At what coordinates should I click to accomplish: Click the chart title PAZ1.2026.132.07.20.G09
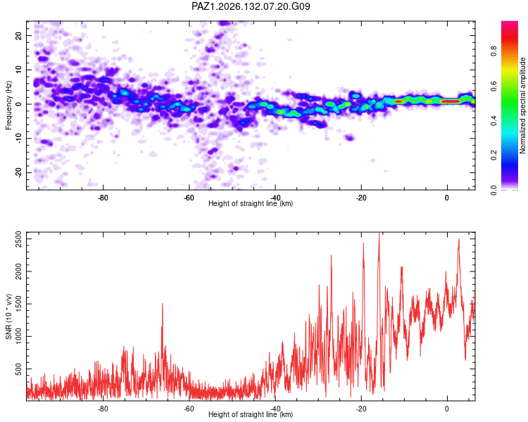point(251,6)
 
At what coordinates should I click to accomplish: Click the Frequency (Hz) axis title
point(8,105)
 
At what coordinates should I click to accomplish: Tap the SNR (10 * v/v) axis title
point(8,316)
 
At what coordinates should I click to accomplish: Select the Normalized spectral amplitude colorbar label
point(522,105)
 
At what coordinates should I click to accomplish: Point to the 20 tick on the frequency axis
point(18,35)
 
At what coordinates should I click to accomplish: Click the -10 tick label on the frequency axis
point(18,138)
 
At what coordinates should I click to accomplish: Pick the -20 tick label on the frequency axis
point(18,172)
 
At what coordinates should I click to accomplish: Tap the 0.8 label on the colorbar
point(494,51)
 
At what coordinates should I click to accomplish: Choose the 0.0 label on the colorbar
point(494,190)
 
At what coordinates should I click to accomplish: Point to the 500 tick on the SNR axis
point(18,369)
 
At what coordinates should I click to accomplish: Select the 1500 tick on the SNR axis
point(18,304)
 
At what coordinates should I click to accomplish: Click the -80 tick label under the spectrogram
point(103,198)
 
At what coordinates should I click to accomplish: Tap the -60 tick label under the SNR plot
point(189,409)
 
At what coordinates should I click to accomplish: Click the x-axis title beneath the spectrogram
point(251,203)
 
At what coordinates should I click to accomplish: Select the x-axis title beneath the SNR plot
point(251,414)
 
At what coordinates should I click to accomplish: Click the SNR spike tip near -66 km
point(163,304)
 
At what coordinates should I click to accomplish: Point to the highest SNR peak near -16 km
point(379,234)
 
